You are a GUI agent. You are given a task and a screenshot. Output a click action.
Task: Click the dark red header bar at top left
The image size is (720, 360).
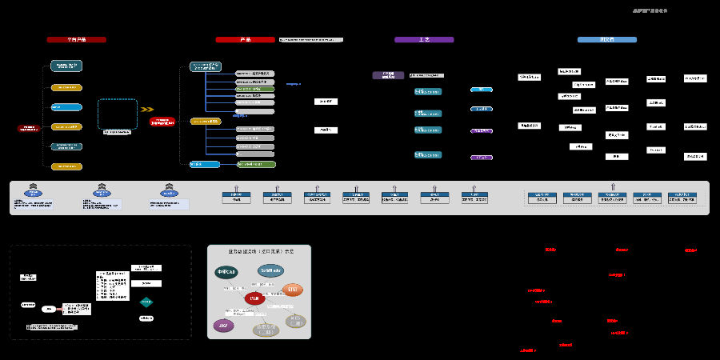tap(76, 39)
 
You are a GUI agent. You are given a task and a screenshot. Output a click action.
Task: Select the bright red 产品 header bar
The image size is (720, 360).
tap(245, 39)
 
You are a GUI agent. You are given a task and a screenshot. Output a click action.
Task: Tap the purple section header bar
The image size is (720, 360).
tap(424, 39)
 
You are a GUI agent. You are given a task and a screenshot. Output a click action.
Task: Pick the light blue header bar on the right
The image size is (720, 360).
tap(607, 39)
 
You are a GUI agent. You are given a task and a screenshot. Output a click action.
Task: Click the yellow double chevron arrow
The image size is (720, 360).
tap(146, 110)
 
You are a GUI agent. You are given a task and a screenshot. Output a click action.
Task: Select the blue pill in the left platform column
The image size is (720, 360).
tap(66, 106)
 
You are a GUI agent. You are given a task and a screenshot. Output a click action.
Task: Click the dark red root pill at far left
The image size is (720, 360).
tap(29, 127)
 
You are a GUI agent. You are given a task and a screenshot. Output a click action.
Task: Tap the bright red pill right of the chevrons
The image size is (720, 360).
tap(162, 121)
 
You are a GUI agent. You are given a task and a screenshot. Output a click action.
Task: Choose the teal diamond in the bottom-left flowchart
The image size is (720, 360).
tap(146, 302)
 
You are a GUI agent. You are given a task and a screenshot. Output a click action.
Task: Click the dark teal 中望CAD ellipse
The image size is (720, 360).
tap(226, 272)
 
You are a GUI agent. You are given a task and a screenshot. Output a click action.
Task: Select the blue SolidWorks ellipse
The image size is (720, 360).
tap(270, 270)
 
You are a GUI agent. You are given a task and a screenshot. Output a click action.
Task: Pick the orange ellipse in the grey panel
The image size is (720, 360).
tap(293, 289)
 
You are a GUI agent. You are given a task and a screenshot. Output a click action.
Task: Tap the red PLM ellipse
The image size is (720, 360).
tap(255, 298)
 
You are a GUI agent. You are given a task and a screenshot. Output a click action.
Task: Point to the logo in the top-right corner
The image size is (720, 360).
tap(649, 11)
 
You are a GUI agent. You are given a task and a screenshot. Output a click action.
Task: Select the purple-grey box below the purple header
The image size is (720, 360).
tap(388, 75)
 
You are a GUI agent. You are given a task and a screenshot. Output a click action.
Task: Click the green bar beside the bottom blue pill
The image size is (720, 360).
tap(256, 164)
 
